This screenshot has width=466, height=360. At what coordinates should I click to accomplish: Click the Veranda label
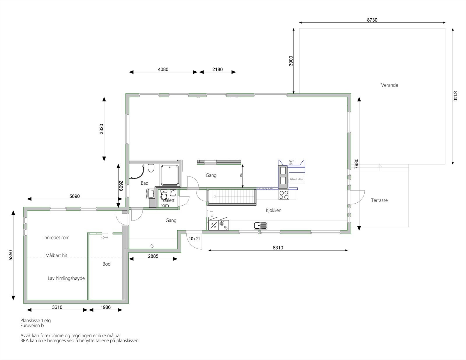click(389, 85)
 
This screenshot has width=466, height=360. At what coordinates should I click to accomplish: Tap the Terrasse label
click(379, 200)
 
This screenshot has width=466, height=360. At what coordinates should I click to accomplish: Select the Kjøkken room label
click(273, 210)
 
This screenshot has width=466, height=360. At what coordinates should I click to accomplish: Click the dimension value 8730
click(372, 20)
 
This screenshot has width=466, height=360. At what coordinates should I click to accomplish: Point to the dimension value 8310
click(278, 248)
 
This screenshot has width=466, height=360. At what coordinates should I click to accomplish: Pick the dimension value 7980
click(356, 164)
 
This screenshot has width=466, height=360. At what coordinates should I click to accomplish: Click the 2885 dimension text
click(153, 256)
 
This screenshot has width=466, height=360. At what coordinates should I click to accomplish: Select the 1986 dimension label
click(105, 307)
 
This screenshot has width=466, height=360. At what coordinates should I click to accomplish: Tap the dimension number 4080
click(163, 70)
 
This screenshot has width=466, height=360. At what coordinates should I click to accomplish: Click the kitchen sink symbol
click(260, 225)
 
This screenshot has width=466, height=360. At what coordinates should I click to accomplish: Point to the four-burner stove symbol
click(284, 195)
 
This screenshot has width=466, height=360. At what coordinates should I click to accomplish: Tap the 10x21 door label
click(194, 239)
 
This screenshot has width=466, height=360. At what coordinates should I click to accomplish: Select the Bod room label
click(106, 264)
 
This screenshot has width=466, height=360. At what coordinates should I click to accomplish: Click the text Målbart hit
click(56, 255)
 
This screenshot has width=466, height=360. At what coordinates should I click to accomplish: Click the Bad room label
click(144, 183)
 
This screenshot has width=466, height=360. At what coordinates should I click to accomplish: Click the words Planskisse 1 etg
click(36, 321)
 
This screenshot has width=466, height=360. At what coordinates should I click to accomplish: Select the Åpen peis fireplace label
click(291, 162)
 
